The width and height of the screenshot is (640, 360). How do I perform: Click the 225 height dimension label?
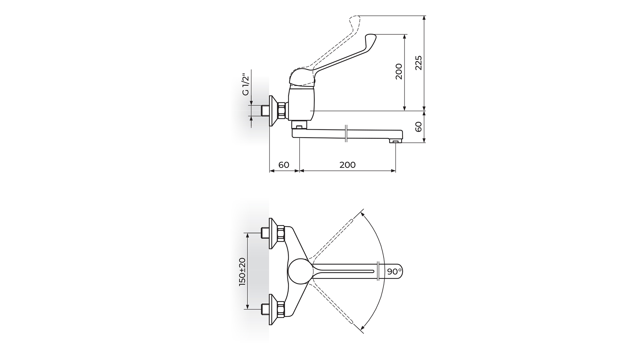(x=419, y=63)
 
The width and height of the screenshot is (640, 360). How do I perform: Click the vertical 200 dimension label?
(x=399, y=71)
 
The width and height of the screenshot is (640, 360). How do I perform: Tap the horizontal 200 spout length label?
(x=348, y=165)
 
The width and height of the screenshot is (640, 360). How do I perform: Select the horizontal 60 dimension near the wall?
(x=284, y=165)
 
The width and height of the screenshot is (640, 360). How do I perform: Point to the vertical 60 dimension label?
(x=419, y=127)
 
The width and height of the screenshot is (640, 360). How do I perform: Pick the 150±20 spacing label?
(x=242, y=272)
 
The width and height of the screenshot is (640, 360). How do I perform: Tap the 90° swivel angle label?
(x=395, y=272)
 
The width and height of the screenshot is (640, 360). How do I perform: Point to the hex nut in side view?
(x=282, y=111)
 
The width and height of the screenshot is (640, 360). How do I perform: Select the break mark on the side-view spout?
(x=346, y=133)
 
